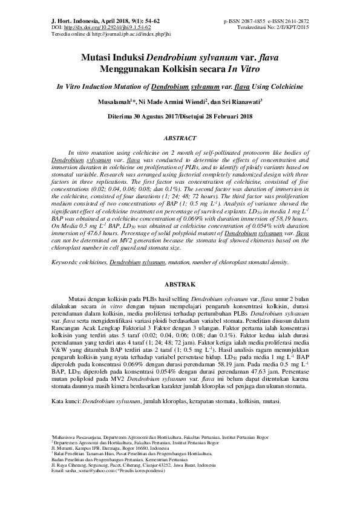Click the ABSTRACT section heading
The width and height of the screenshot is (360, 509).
[180, 138]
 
